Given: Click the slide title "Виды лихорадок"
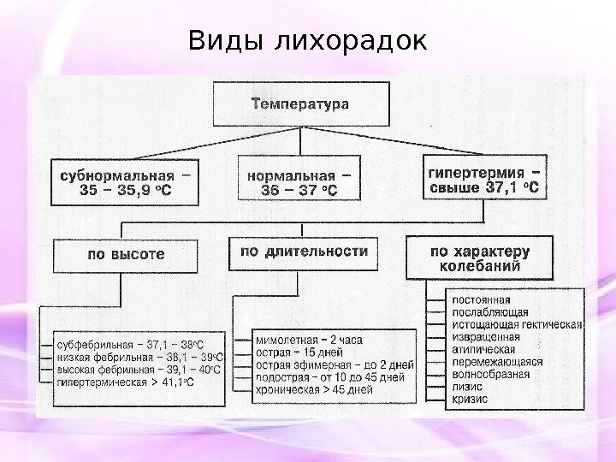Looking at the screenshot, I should [307, 40].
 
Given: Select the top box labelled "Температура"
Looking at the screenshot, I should [299, 104].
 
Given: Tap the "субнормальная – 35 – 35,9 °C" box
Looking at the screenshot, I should [125, 182].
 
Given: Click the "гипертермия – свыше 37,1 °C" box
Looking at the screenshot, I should [483, 178].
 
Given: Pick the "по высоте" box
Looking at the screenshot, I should [126, 254].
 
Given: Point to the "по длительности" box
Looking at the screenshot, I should [304, 252].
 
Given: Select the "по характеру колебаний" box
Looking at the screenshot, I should [479, 258].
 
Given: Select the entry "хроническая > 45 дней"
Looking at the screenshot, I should [314, 389].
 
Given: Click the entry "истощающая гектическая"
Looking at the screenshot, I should [516, 325].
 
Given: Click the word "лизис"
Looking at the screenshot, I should [467, 387].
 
